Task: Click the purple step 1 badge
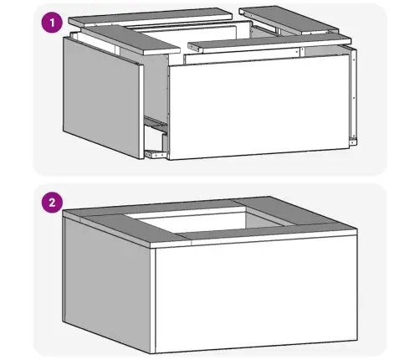[52, 23]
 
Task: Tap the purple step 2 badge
[52, 203]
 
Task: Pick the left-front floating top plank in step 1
[131, 39]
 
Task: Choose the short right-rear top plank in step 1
[289, 19]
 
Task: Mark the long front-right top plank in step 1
[269, 43]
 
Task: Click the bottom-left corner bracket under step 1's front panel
[156, 154]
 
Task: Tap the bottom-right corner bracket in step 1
[353, 141]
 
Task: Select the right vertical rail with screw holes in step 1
[354, 94]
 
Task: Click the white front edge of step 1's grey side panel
[141, 111]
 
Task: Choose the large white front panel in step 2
[256, 296]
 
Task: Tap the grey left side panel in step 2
[107, 285]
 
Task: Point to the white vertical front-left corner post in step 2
[152, 301]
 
